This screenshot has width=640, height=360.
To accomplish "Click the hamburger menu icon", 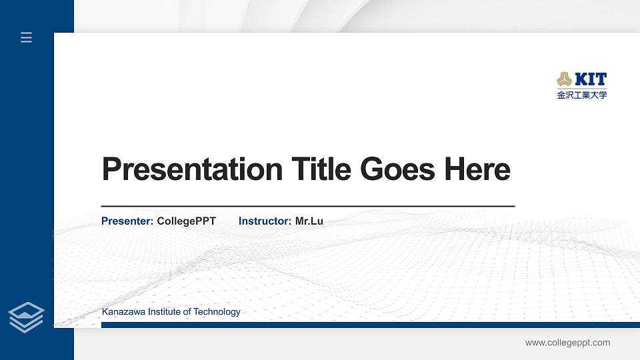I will point(27,38).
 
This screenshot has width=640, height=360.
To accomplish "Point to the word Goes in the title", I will point(397,169).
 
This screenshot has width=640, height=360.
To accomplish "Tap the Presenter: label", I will point(127,221).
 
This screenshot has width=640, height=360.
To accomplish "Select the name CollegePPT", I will point(187,221).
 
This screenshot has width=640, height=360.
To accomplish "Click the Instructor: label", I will point(265,221).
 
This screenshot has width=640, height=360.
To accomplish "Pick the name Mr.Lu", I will point(309,221).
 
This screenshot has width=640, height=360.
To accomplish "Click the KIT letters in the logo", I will point(591,80).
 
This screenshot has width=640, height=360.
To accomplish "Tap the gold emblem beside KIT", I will point(564,80).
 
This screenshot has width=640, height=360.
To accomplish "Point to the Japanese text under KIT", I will point(582,95).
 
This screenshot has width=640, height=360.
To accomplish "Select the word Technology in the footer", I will point(217,311).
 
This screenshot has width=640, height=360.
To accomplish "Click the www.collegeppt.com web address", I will point(567,343).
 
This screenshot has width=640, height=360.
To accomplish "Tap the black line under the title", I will point(307,207).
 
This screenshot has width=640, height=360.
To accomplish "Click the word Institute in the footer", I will point(164,311).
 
